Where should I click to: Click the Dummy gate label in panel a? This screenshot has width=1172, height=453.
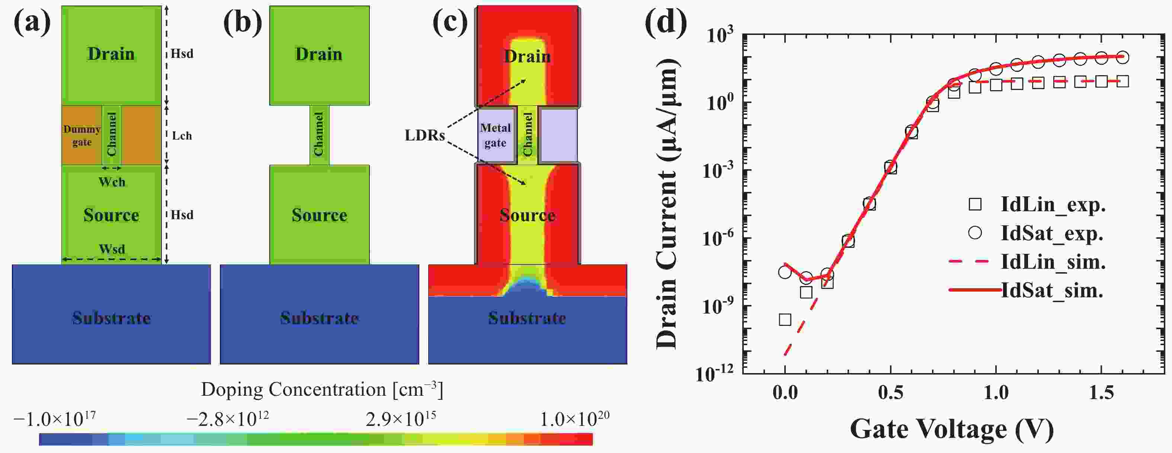[82, 135]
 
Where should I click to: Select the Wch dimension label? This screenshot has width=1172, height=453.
[112, 182]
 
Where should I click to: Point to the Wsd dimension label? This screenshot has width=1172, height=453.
[112, 249]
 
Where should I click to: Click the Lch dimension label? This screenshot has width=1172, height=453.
[182, 135]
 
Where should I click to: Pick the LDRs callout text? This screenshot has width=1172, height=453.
[425, 135]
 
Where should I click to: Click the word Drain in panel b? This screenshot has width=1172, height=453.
[319, 54]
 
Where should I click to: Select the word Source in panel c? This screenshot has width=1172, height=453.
[527, 215]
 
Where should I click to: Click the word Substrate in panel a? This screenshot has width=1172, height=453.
[112, 318]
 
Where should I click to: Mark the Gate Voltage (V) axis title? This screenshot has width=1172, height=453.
[952, 429]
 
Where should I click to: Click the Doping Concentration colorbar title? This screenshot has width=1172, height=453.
[322, 390]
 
